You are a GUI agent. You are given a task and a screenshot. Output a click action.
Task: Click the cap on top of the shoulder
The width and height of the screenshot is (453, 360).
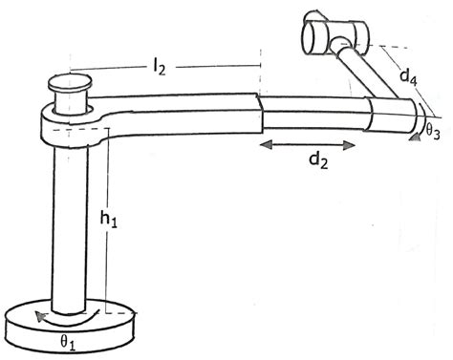tap(72, 95)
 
